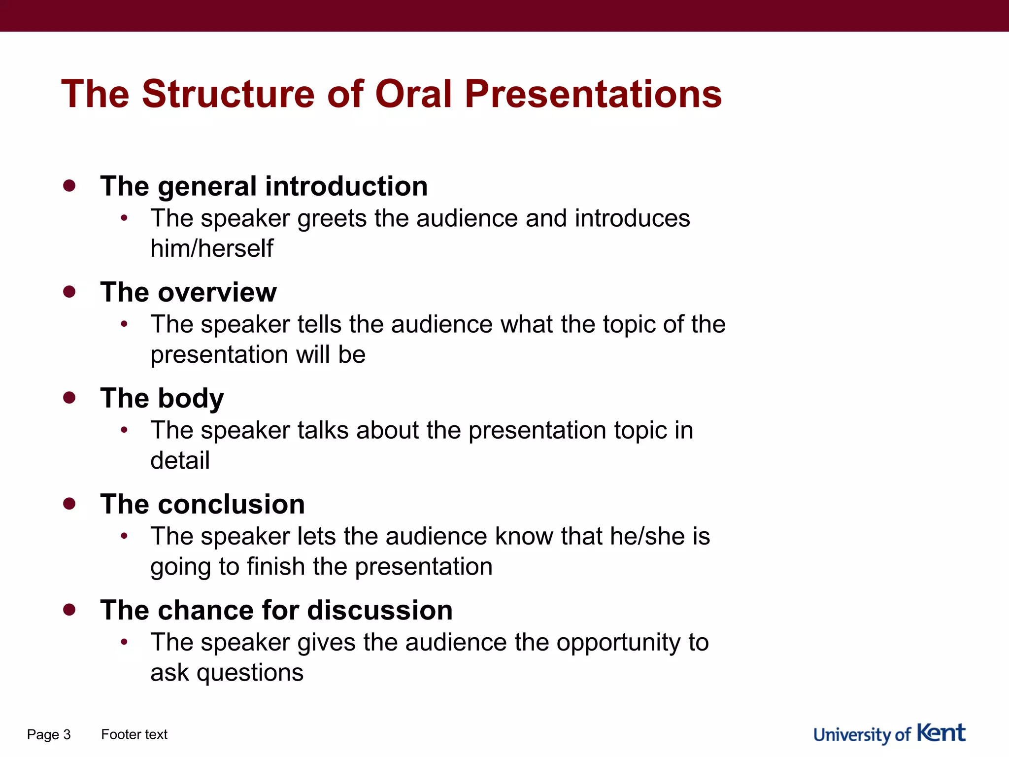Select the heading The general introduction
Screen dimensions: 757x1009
click(x=264, y=186)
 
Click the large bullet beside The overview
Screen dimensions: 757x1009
click(x=69, y=292)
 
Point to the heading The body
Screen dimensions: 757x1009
click(x=162, y=398)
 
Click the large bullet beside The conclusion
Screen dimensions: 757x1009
click(x=69, y=504)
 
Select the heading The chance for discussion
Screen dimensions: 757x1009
click(x=276, y=610)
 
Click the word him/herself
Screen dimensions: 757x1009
click(x=212, y=248)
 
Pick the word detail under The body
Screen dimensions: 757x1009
click(x=180, y=460)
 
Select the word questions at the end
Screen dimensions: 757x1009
click(x=250, y=673)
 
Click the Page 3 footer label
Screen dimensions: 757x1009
click(x=49, y=734)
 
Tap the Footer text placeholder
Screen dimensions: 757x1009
click(x=134, y=734)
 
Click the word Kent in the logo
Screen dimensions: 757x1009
click(x=941, y=733)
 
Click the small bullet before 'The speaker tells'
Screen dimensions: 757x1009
click(x=124, y=324)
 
